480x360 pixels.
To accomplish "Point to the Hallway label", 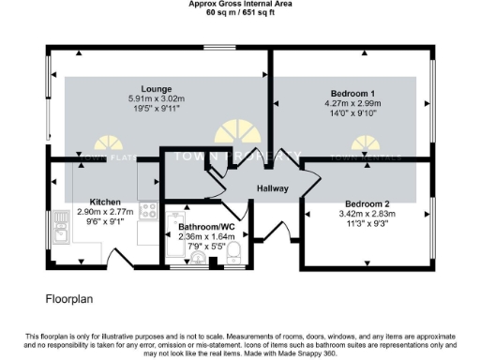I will tap(268, 188).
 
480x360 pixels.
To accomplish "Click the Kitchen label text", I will tap(108, 202).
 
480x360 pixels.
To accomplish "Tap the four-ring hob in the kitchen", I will tap(147, 211).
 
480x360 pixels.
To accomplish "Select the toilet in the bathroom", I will tap(235, 252).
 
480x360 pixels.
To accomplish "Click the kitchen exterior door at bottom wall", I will tap(125, 258).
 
